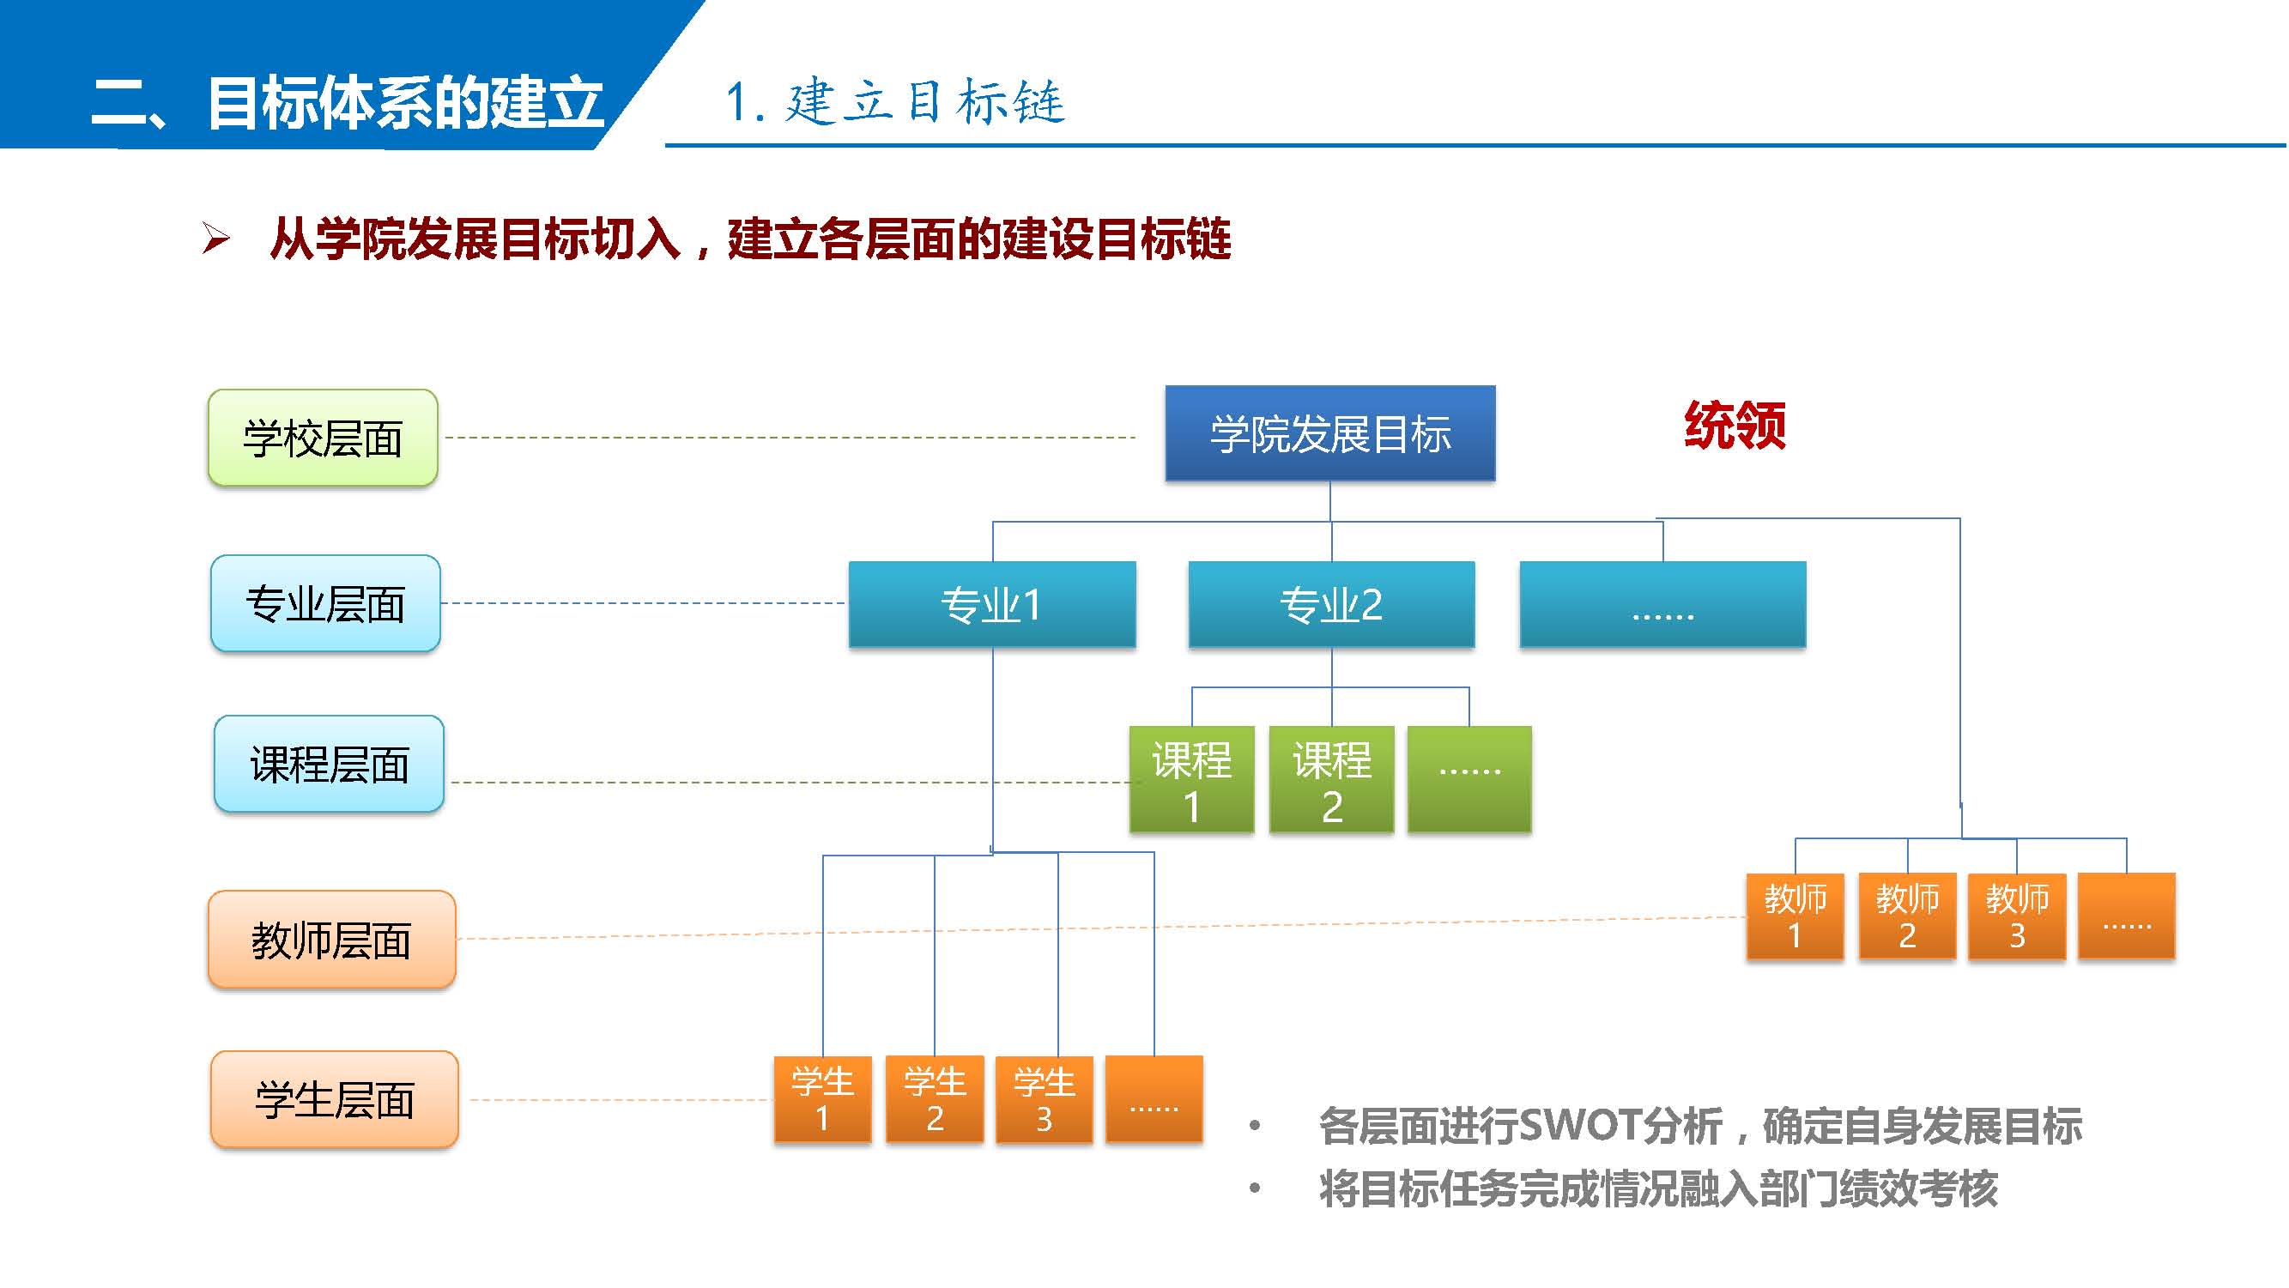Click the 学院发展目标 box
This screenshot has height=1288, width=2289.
tap(1330, 433)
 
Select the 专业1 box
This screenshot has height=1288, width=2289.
tap(991, 604)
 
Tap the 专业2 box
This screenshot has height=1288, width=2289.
tap(1331, 604)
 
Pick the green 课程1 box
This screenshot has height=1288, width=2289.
tap(1191, 780)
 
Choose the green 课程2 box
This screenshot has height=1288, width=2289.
tap(1331, 780)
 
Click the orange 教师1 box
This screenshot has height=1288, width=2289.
tap(1795, 916)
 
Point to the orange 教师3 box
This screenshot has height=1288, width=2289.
tap(2017, 916)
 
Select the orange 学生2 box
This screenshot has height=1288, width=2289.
tap(935, 1099)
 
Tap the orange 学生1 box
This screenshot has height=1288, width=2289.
tap(823, 1099)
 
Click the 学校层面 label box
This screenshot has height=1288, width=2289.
tap(323, 438)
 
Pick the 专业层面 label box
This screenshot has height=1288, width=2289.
tap(325, 604)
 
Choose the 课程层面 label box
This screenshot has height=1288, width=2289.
tap(329, 764)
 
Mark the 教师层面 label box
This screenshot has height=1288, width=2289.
tap(331, 940)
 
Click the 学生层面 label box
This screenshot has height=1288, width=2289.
tap(334, 1100)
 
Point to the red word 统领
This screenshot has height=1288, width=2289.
tap(1735, 426)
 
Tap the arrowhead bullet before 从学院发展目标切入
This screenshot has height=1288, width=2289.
tap(216, 238)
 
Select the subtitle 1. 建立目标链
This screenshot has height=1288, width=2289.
tap(894, 101)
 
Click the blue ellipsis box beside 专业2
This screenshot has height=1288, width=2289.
tap(1662, 604)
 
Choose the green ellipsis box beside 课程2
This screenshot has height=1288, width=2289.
tap(1469, 780)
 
